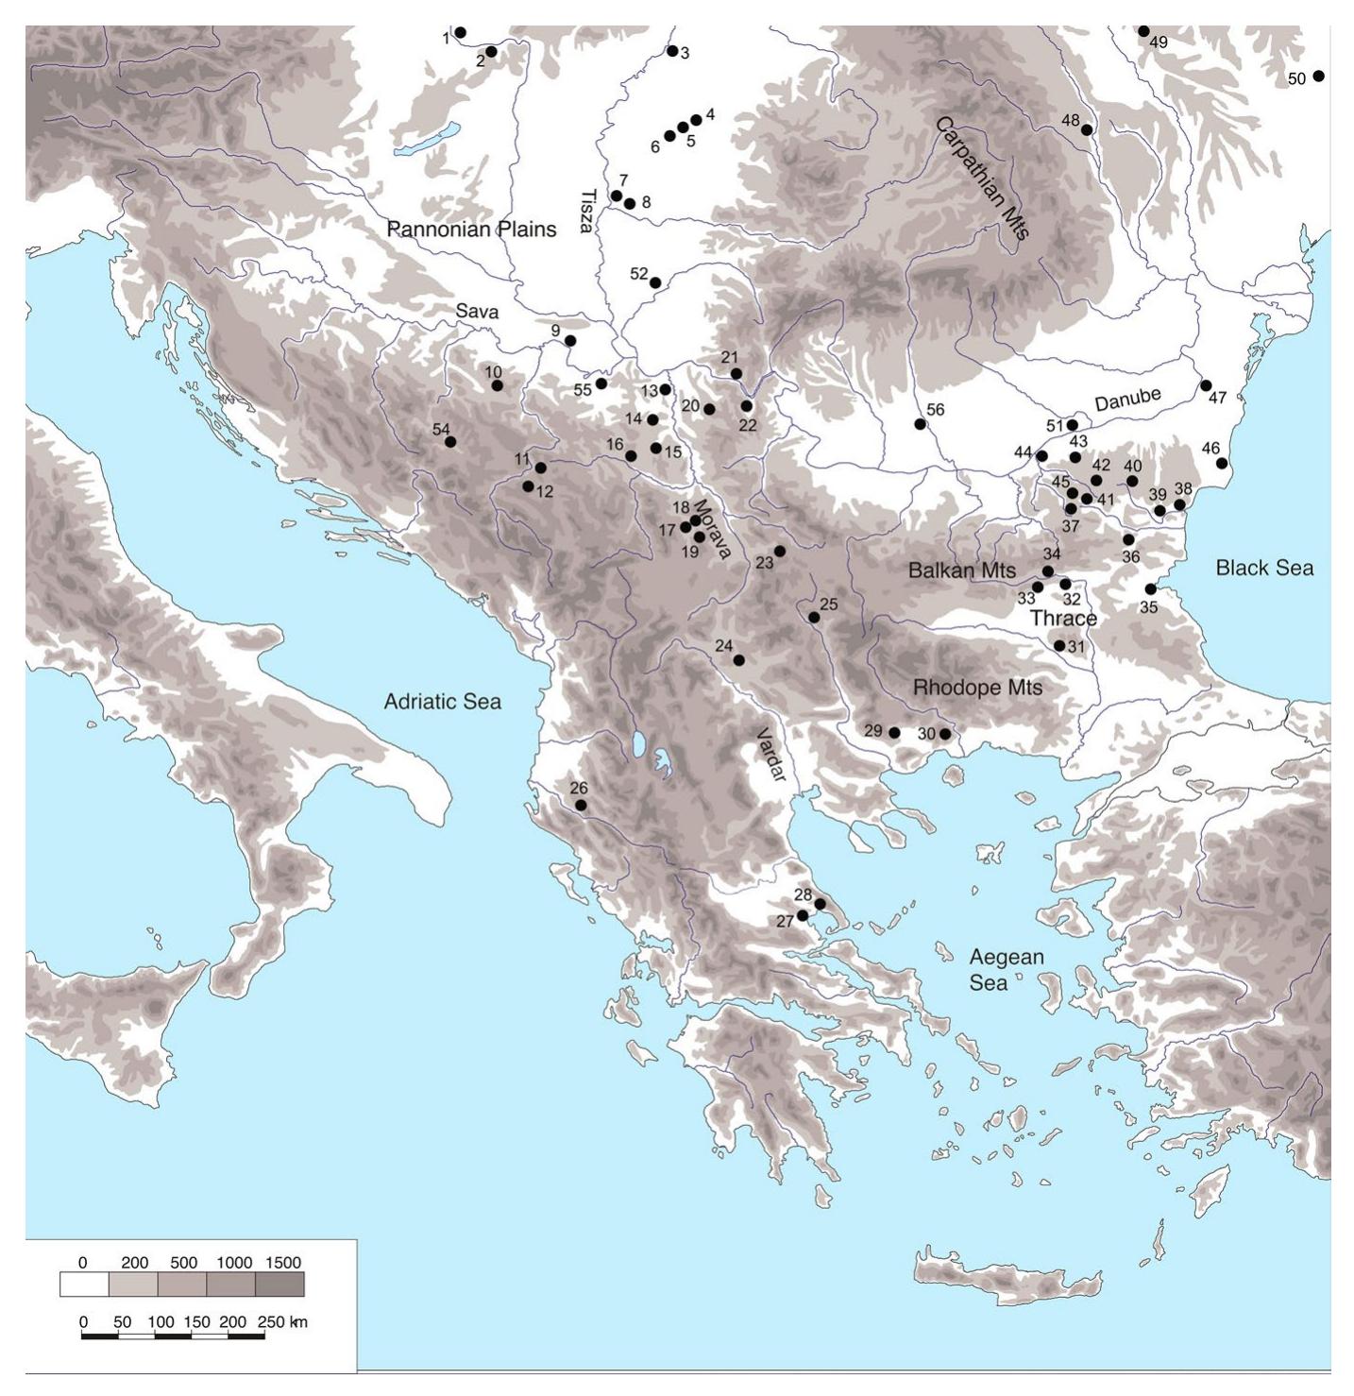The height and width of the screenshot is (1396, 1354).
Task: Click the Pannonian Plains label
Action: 471,230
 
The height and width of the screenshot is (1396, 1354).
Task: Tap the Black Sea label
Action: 1264,568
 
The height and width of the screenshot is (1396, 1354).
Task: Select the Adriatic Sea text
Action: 442,702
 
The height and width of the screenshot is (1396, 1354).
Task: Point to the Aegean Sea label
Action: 1007,970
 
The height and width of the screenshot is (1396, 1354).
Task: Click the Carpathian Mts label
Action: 982,179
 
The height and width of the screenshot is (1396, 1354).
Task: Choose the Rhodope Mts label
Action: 977,688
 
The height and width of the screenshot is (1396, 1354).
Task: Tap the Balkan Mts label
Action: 961,570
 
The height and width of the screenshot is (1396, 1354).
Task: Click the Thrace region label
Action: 1062,619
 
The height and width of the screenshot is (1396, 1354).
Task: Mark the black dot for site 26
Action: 581,806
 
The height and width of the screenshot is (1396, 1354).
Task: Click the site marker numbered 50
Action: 1318,76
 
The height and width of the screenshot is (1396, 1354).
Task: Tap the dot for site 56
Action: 920,424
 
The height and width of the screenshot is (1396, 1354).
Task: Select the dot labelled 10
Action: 497,385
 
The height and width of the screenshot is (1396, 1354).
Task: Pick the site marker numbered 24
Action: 738,660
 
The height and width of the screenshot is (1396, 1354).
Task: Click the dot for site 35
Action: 1150,589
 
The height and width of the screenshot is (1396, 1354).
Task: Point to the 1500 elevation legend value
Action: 1227,1263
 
